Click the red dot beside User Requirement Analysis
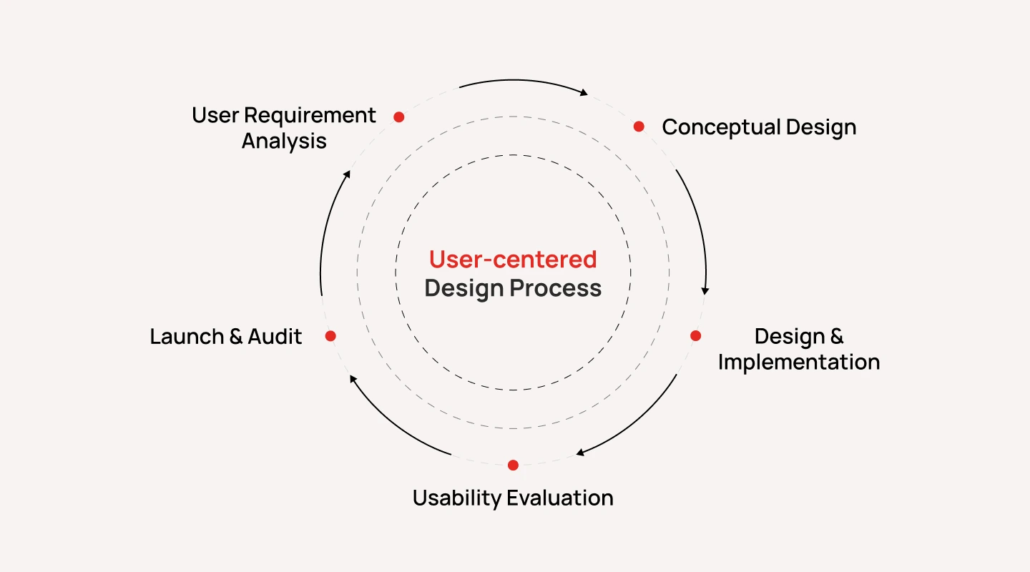pyautogui.click(x=399, y=117)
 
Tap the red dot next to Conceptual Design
pyautogui.click(x=639, y=127)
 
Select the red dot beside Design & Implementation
pyautogui.click(x=695, y=335)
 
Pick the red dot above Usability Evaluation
pyautogui.click(x=513, y=465)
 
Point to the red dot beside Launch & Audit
pyautogui.click(x=330, y=335)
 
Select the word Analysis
pyautogui.click(x=284, y=141)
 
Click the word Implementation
pyautogui.click(x=798, y=362)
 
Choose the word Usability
pyautogui.click(x=456, y=498)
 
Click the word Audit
pyautogui.click(x=275, y=336)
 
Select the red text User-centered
pyautogui.click(x=513, y=259)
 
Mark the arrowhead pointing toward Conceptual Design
pyautogui.click(x=584, y=92)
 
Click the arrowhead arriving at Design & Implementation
pyautogui.click(x=705, y=290)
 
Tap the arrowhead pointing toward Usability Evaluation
pyautogui.click(x=581, y=452)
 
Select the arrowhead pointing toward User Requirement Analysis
pyautogui.click(x=348, y=174)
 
